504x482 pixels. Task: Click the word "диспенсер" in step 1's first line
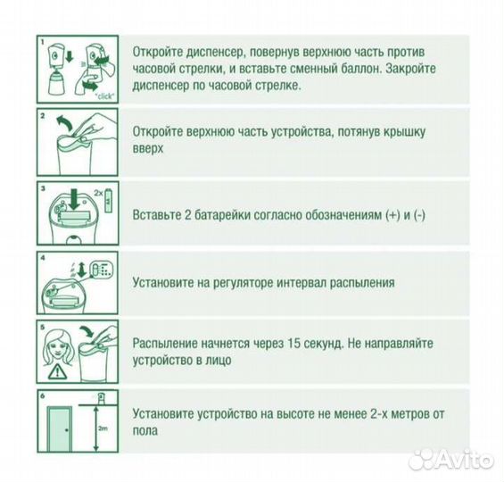[x=226, y=51]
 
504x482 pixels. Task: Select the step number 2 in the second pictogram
[x=42, y=117]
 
